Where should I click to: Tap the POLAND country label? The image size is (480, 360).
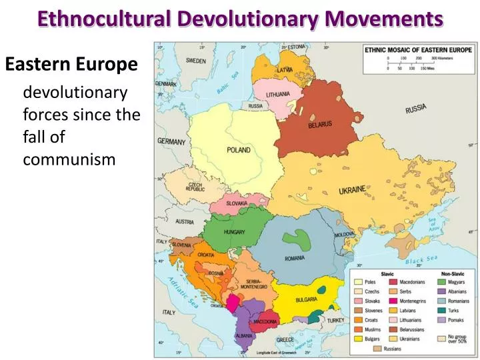tap(239, 150)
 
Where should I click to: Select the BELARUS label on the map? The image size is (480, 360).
tap(320, 125)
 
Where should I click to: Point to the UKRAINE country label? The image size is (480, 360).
tap(352, 190)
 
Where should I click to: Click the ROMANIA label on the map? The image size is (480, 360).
tap(294, 258)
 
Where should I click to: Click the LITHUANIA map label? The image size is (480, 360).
tap(278, 94)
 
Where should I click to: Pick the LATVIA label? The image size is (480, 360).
tap(285, 69)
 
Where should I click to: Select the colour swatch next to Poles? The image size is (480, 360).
tap(358, 282)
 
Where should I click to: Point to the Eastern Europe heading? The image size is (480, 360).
tap(71, 65)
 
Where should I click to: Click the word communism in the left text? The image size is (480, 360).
tap(69, 160)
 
